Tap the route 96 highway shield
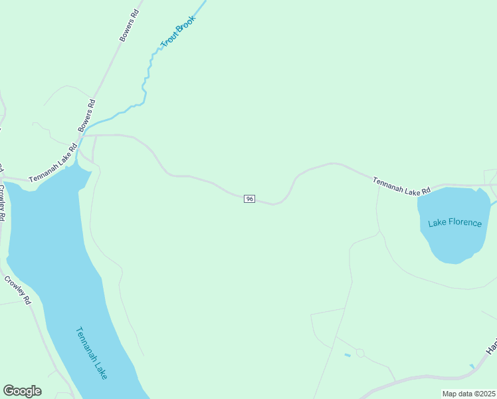(x=249, y=199)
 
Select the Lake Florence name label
(x=454, y=222)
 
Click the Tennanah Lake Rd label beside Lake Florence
(x=401, y=186)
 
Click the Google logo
(x=22, y=391)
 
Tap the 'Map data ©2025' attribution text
(x=469, y=394)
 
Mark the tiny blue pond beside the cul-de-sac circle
(x=348, y=355)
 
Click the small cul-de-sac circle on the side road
(x=360, y=352)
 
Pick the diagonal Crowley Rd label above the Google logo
(x=18, y=290)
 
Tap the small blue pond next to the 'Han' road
(x=472, y=366)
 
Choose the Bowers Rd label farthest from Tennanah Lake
(x=130, y=25)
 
